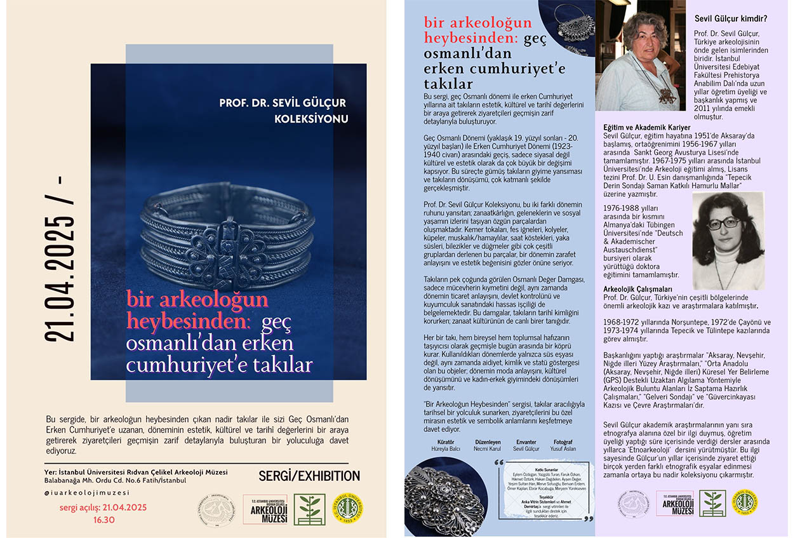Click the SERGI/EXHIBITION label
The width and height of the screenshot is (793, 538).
(309, 476)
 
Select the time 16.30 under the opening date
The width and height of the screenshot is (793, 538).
(103, 519)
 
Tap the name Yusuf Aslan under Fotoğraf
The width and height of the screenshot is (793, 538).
(563, 448)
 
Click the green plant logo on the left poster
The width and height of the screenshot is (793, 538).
(312, 509)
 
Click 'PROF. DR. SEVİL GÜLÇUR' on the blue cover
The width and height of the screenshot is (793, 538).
(282, 103)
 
